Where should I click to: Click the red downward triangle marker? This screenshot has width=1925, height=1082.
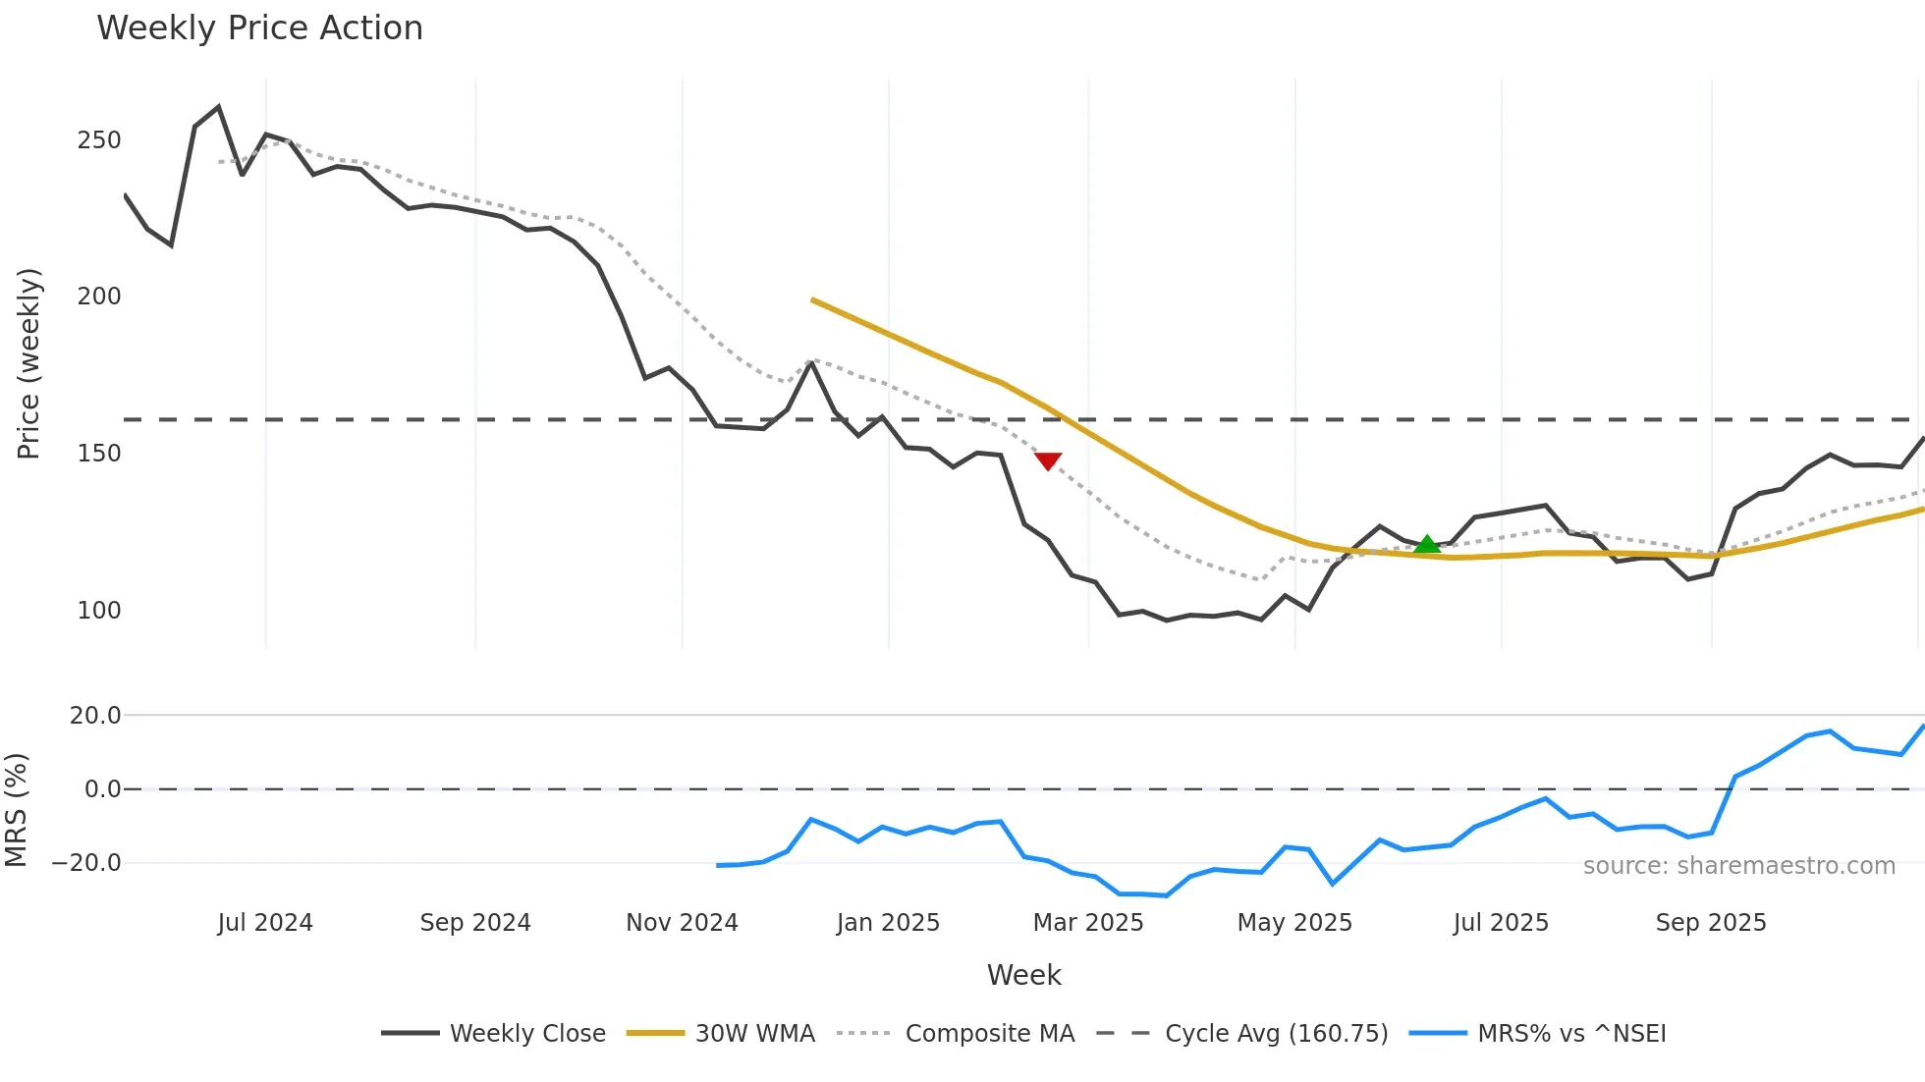[1048, 460]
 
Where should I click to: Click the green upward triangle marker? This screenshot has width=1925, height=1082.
[1426, 544]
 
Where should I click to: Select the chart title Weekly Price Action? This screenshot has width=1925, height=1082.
[259, 27]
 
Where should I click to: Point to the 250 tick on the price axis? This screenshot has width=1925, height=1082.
[99, 140]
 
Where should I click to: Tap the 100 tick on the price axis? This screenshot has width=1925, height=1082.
[99, 610]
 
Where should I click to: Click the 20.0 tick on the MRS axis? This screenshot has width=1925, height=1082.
[95, 716]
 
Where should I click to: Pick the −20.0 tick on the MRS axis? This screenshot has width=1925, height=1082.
[86, 863]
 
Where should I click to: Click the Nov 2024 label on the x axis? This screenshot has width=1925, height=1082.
[682, 923]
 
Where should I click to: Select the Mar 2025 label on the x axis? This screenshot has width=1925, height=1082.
[1088, 923]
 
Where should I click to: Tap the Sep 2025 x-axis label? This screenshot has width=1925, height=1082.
[1711, 923]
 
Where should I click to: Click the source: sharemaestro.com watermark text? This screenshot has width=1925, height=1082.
[1738, 866]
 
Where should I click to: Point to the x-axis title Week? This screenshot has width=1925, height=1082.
[1023, 975]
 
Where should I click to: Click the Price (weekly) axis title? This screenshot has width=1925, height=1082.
[28, 363]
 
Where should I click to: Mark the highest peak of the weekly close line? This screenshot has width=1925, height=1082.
[218, 107]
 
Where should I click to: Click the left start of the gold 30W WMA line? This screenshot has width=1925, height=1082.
[813, 299]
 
